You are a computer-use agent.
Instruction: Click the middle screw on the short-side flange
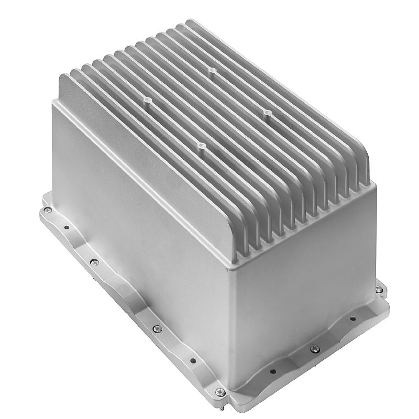[314, 349]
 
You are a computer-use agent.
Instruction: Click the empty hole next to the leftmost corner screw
[66, 227]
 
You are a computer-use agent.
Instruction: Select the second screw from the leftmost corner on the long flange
[94, 262]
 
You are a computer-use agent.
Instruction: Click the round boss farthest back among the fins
[211, 70]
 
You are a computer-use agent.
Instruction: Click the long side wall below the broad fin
[136, 230]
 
